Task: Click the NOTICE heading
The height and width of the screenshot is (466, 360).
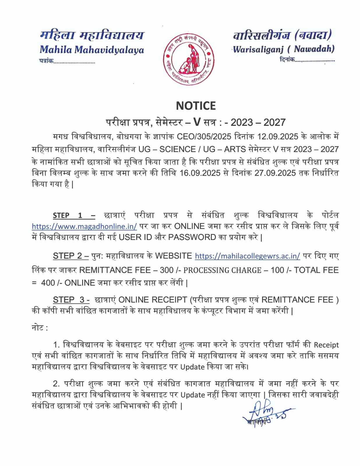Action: [196, 106]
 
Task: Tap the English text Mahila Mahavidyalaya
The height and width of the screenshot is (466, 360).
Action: [92, 50]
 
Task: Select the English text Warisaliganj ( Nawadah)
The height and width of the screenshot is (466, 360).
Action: [284, 49]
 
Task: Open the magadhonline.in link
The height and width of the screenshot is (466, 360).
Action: [84, 227]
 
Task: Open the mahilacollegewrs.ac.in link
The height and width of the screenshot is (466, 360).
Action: [247, 256]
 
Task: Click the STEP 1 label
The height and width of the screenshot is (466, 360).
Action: [74, 216]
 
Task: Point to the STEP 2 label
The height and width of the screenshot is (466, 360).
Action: [70, 256]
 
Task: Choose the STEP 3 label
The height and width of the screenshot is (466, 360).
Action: [71, 300]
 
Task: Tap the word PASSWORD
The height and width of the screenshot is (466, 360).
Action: [192, 237]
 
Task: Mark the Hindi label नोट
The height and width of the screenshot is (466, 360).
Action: [39, 328]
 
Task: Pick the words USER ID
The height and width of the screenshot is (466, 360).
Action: [135, 237]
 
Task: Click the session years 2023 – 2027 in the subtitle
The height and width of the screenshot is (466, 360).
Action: [258, 122]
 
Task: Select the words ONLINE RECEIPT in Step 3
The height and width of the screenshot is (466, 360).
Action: [153, 300]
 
